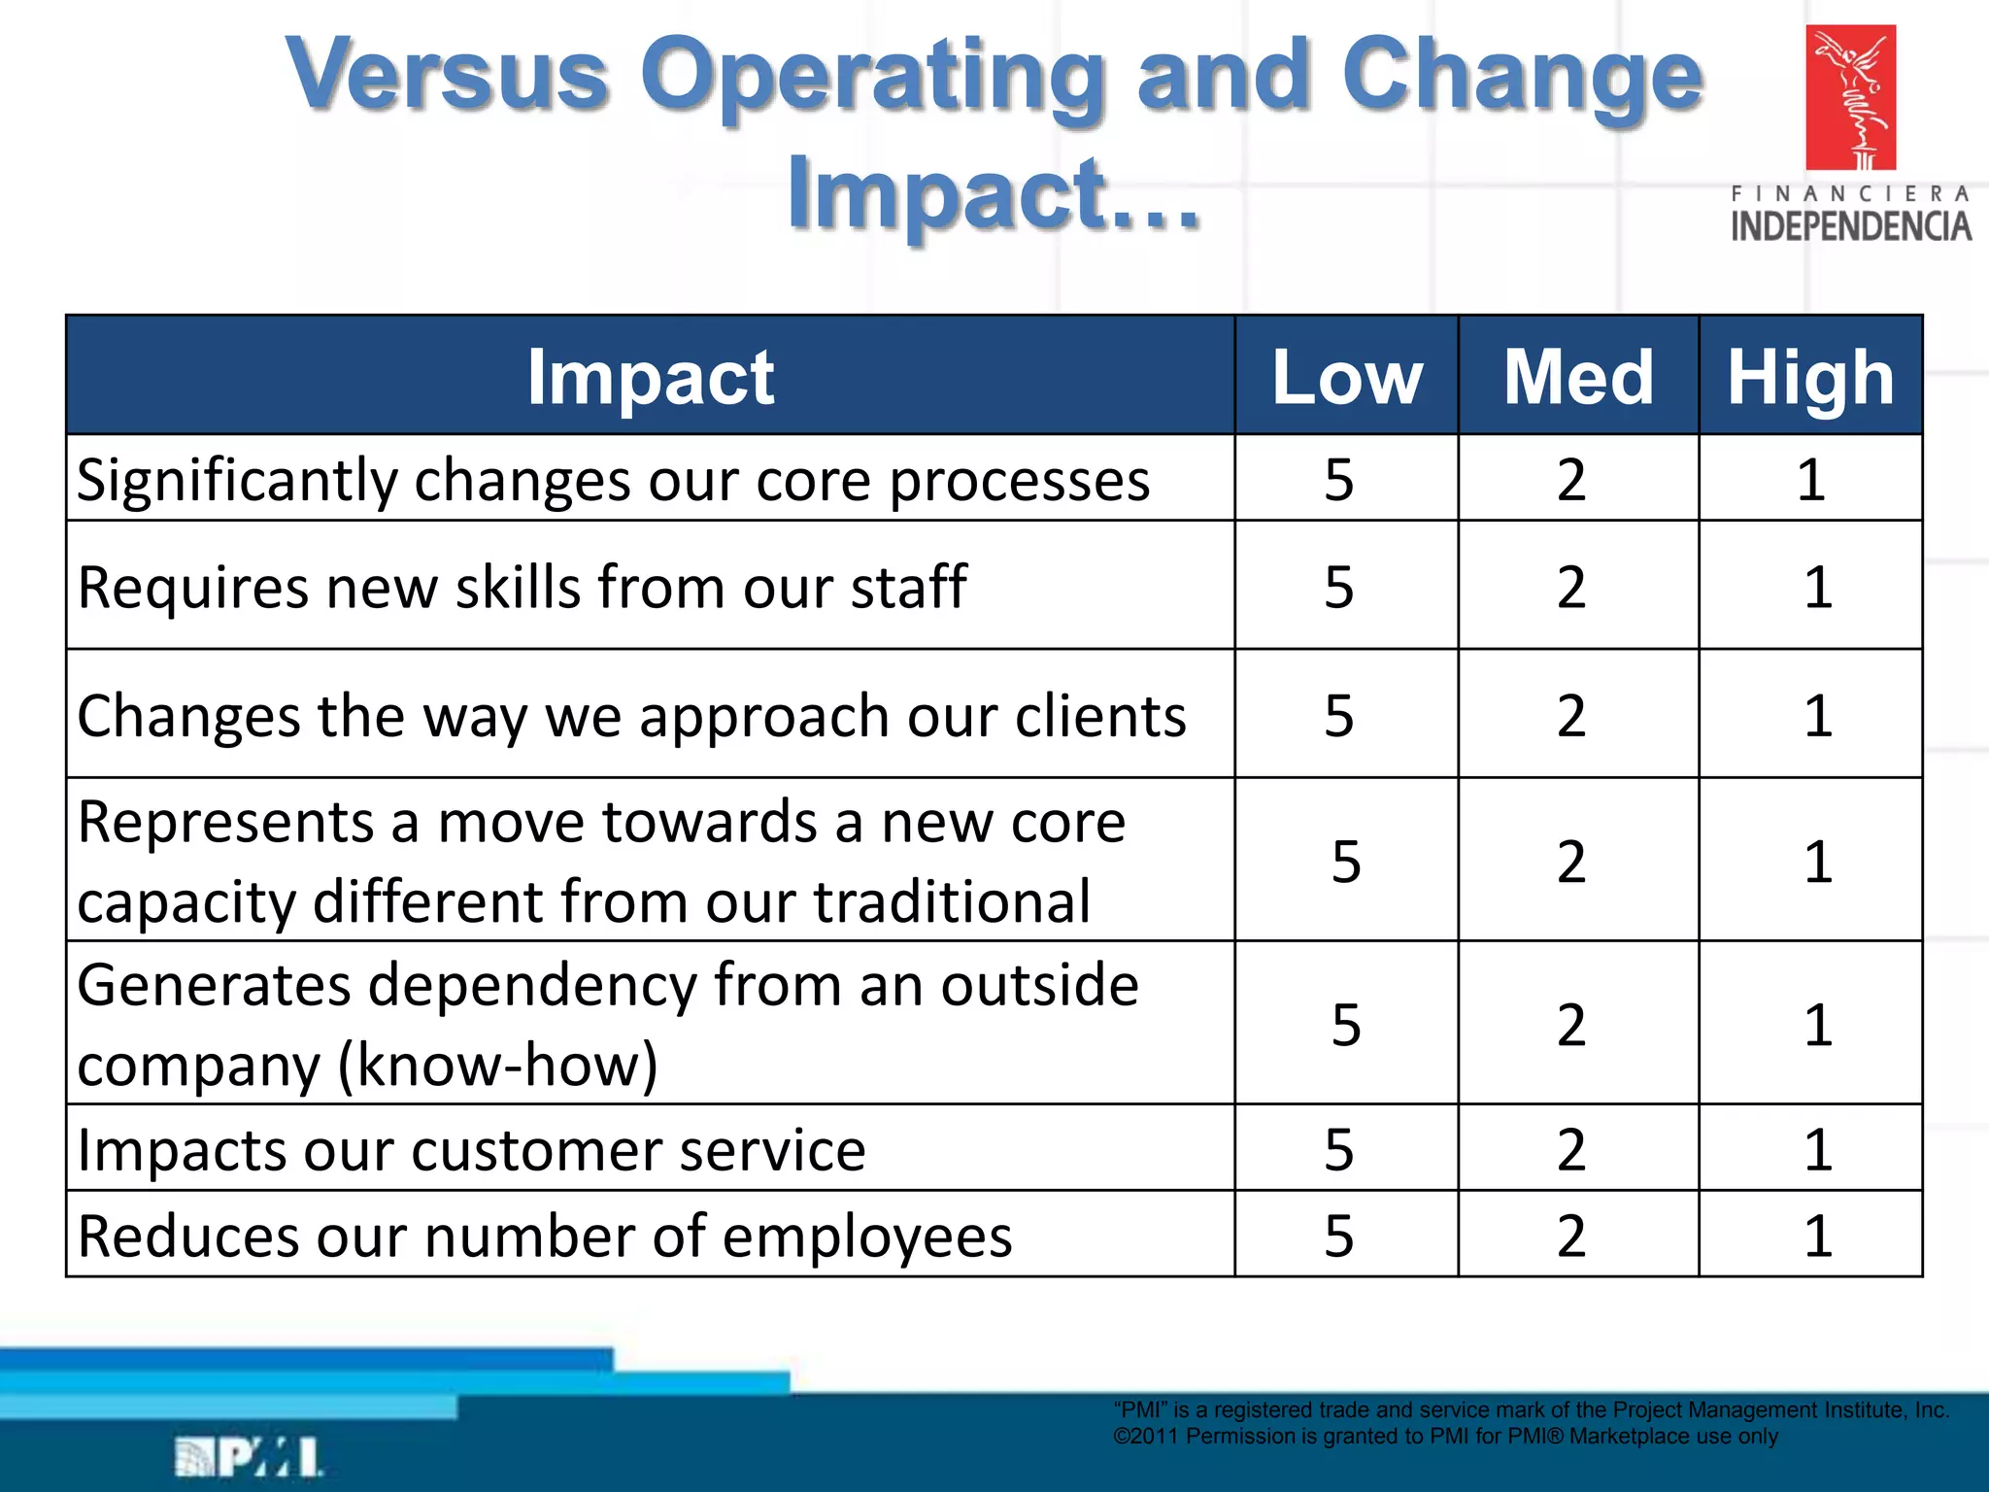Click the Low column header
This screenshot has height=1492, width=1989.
1347,377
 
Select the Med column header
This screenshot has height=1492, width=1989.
1578,377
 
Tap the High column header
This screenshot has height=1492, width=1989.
1810,377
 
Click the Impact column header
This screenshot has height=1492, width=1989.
650,377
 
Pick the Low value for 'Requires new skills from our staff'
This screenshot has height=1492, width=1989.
1338,587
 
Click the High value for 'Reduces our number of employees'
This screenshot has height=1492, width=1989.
1817,1236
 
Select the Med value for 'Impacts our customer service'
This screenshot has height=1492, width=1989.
1571,1149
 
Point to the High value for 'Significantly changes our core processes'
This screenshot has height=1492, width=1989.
1810,479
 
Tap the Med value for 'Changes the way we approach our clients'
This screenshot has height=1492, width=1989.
1571,716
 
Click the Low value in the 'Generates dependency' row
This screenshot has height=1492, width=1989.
1345,1025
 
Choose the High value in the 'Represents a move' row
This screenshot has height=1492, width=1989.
1817,862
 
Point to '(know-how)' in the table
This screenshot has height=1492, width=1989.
497,1066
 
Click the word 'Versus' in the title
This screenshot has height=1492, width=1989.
448,76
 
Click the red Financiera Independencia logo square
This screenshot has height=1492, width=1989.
1850,97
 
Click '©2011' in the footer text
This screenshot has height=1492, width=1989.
1145,1437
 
